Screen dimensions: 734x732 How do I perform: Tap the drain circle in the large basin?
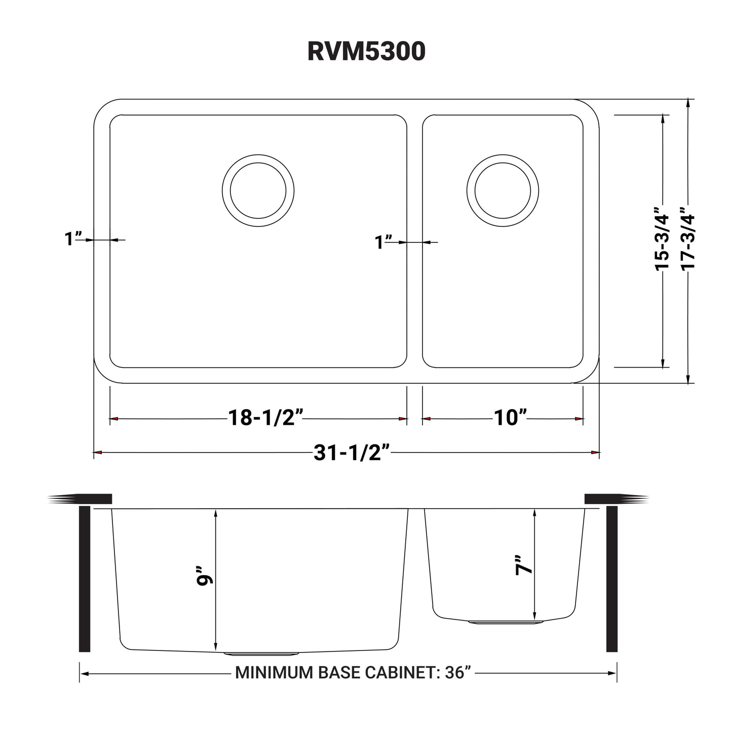coord(258,190)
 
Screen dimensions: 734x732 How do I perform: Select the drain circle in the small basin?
coord(502,190)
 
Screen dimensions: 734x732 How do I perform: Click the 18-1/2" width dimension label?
coord(265,418)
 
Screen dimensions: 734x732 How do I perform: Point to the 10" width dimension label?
coord(510,418)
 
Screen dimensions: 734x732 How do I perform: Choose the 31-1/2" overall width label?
coord(351,453)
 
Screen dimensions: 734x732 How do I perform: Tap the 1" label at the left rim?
coord(73,239)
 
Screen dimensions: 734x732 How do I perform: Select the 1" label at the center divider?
coord(383,242)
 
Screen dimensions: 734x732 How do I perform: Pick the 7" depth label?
coord(524,565)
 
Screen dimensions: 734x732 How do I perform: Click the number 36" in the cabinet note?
coord(458,673)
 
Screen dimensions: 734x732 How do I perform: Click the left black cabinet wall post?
coord(85,579)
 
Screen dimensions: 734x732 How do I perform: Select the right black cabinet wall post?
coord(611,579)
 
